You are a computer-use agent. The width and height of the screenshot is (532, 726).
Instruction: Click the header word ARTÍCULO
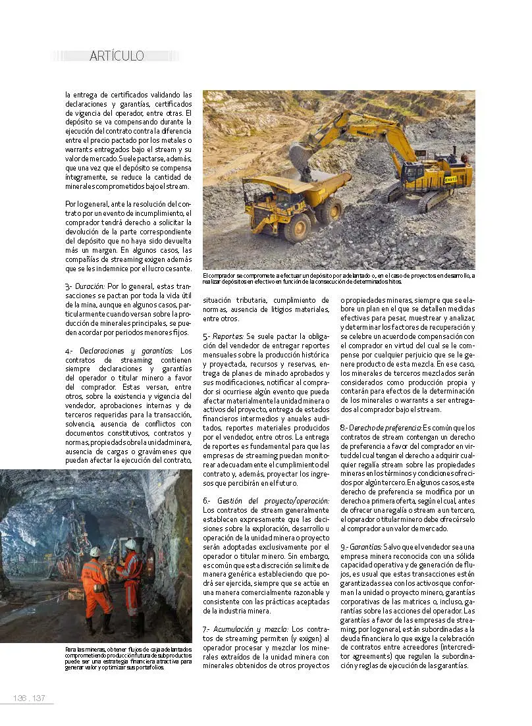coord(116,56)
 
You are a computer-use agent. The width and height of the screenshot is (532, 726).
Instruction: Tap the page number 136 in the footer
coord(20,698)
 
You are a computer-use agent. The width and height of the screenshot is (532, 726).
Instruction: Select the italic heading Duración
coord(92,287)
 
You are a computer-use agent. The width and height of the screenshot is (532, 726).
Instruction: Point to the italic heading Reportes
coord(228,336)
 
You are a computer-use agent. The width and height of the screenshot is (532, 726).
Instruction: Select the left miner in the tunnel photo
coord(94,586)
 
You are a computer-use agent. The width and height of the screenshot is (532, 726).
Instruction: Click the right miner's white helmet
coord(130,544)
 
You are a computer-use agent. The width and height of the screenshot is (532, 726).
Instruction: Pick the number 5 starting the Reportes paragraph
coord(205,336)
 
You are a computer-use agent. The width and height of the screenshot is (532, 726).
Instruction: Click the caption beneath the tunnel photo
coord(128,658)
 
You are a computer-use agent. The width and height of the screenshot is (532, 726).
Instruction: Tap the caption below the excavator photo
coord(338,278)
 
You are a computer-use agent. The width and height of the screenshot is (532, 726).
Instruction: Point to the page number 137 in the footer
coord(38,698)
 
